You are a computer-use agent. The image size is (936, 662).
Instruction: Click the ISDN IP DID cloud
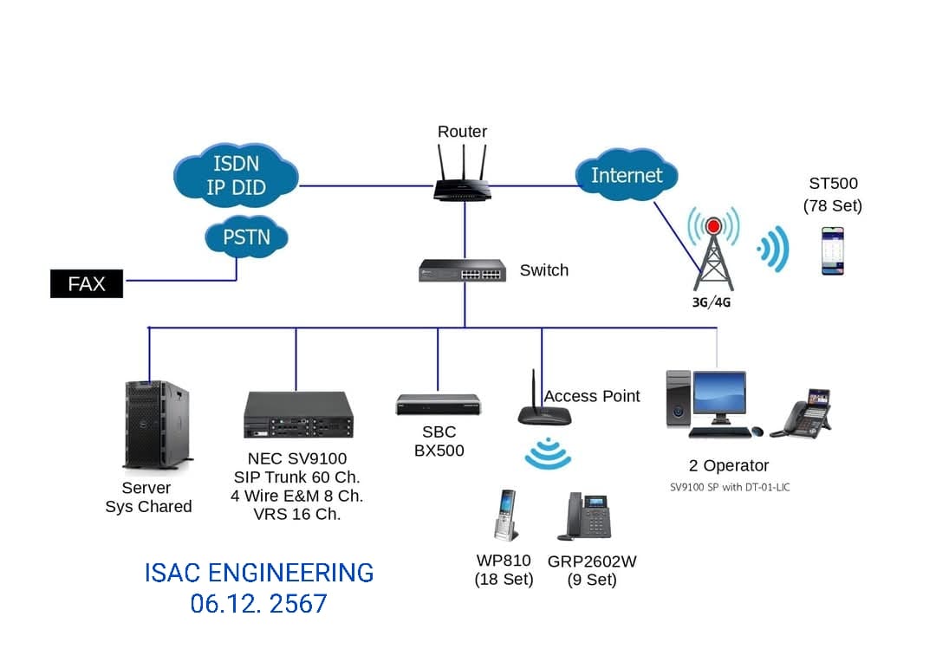236,175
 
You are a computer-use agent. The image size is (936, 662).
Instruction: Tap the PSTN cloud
246,237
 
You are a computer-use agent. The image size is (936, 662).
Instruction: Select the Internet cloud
626,175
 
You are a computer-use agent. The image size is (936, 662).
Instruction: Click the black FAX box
87,283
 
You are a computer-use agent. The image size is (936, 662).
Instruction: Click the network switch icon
462,271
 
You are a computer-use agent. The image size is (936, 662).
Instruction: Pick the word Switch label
543,270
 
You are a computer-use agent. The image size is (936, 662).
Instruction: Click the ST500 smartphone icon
833,251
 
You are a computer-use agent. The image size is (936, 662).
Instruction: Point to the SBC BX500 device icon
438,405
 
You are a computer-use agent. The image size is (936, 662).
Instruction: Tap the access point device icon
543,407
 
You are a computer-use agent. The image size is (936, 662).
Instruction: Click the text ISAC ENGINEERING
259,573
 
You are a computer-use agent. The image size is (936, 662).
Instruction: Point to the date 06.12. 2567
259,604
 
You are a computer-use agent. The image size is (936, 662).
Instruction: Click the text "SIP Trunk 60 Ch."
296,477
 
